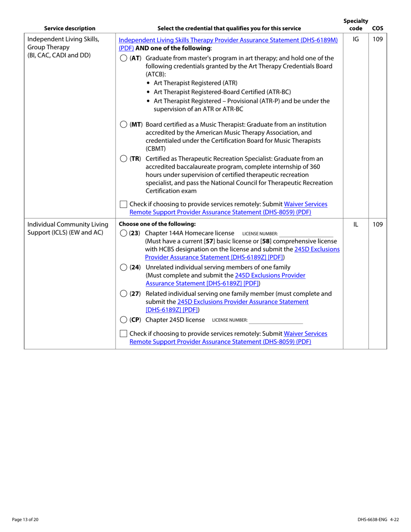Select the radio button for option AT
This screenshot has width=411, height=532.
coord(123,58)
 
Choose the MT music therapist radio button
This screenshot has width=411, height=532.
coord(123,125)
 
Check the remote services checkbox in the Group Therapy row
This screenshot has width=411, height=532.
coord(123,204)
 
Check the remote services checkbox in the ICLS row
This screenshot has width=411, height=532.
coord(123,333)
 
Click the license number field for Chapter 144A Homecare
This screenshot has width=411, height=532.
coord(306,234)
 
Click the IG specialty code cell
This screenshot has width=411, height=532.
coord(356,40)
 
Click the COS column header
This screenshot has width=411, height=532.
coord(377,29)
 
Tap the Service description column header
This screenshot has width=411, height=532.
coord(70,29)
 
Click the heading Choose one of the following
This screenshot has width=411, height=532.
coord(157,224)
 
